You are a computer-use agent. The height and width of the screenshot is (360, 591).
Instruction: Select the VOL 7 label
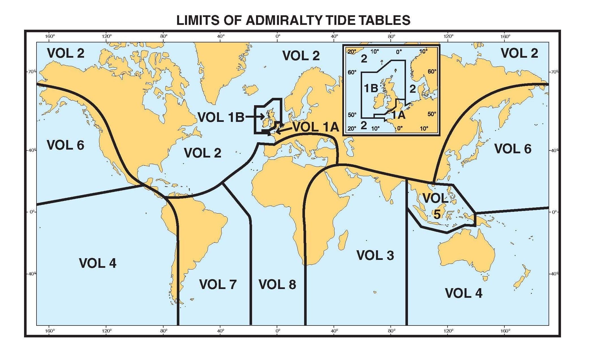pyautogui.click(x=218, y=284)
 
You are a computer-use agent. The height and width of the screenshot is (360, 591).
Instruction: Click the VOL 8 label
pyautogui.click(x=277, y=284)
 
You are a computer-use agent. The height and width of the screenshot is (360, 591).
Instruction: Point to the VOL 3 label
pyautogui.click(x=375, y=255)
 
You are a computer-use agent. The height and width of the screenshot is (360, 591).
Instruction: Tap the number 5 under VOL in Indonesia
pyautogui.click(x=437, y=215)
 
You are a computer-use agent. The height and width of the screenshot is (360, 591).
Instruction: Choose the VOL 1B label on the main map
pyautogui.click(x=221, y=117)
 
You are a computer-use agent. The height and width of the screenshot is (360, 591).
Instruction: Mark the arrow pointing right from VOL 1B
pyautogui.click(x=255, y=117)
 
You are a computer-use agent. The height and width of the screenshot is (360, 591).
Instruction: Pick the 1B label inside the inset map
pyautogui.click(x=371, y=88)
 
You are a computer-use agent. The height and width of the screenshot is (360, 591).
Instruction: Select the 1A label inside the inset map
pyautogui.click(x=399, y=115)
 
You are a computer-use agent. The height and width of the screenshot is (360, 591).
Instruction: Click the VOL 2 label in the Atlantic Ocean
pyautogui.click(x=203, y=153)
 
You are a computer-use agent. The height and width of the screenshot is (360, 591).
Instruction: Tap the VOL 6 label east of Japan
pyautogui.click(x=513, y=149)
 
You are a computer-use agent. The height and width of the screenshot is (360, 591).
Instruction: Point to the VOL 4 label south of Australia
pyautogui.click(x=464, y=293)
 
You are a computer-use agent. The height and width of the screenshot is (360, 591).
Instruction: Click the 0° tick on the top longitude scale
pyautogui.click(x=278, y=36)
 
